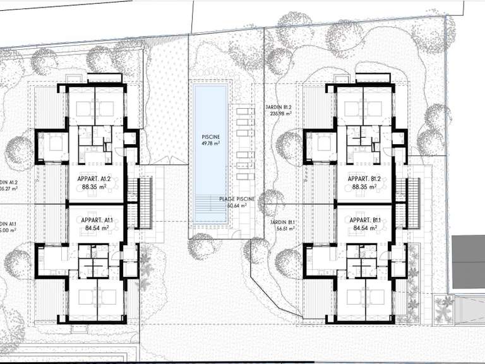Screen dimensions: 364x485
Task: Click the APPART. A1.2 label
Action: [95, 179]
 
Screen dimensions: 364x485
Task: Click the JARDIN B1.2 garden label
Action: [278, 108]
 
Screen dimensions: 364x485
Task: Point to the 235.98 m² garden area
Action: [282, 115]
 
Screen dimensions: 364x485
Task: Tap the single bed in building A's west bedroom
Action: [54, 143]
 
